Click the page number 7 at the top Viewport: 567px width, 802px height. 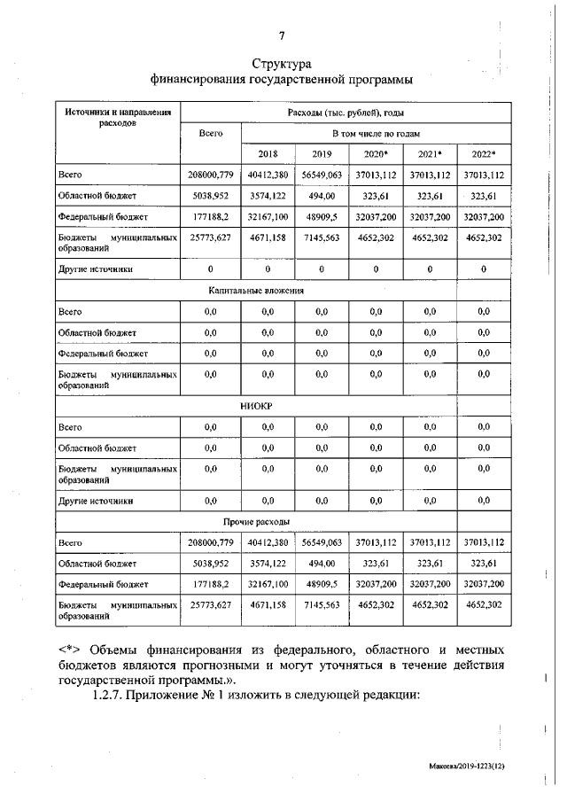[x=282, y=35]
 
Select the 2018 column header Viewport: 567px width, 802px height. [x=268, y=152]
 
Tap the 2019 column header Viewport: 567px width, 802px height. [x=321, y=152]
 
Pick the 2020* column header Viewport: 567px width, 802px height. [x=376, y=152]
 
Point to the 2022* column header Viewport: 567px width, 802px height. [x=484, y=152]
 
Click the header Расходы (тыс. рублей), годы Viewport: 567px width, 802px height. [x=346, y=113]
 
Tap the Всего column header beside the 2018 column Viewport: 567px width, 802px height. [x=210, y=132]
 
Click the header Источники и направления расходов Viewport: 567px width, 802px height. [x=118, y=118]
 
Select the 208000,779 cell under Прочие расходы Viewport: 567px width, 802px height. [x=210, y=541]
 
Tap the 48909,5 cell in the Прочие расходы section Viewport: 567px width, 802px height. [x=321, y=584]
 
